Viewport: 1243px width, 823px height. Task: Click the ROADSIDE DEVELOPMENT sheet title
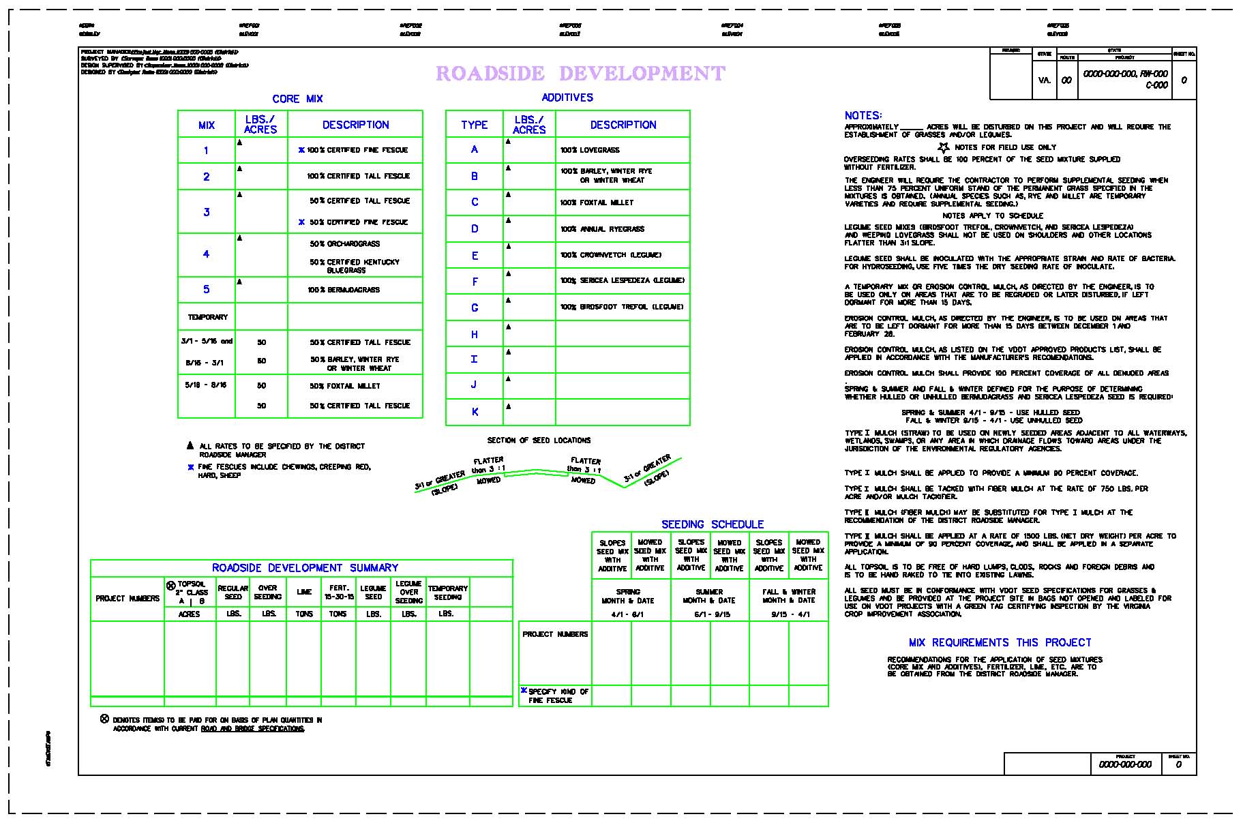(580, 74)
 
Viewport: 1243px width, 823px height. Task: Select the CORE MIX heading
(297, 99)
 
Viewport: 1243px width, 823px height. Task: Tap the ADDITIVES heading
(567, 98)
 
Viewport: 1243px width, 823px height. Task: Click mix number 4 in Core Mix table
(206, 254)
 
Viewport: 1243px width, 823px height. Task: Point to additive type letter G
(475, 308)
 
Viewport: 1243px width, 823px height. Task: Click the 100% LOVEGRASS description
(590, 150)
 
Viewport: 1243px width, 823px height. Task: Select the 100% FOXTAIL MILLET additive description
(597, 203)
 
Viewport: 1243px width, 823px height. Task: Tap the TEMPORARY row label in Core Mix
(207, 317)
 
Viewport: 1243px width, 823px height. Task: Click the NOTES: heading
(863, 116)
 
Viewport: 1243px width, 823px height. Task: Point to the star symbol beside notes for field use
(944, 147)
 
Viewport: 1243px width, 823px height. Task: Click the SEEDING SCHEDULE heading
(713, 524)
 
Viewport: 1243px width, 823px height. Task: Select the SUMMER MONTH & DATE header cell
(709, 596)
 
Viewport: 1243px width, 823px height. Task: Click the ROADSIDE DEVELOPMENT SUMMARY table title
(305, 568)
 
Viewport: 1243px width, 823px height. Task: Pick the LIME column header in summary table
(304, 592)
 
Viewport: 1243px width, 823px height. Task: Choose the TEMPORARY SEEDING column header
(447, 593)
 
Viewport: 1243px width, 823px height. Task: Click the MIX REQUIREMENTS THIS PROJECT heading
(1000, 642)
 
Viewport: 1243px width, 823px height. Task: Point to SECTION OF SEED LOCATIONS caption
(539, 440)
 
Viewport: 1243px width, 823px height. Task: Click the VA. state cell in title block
(1044, 80)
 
